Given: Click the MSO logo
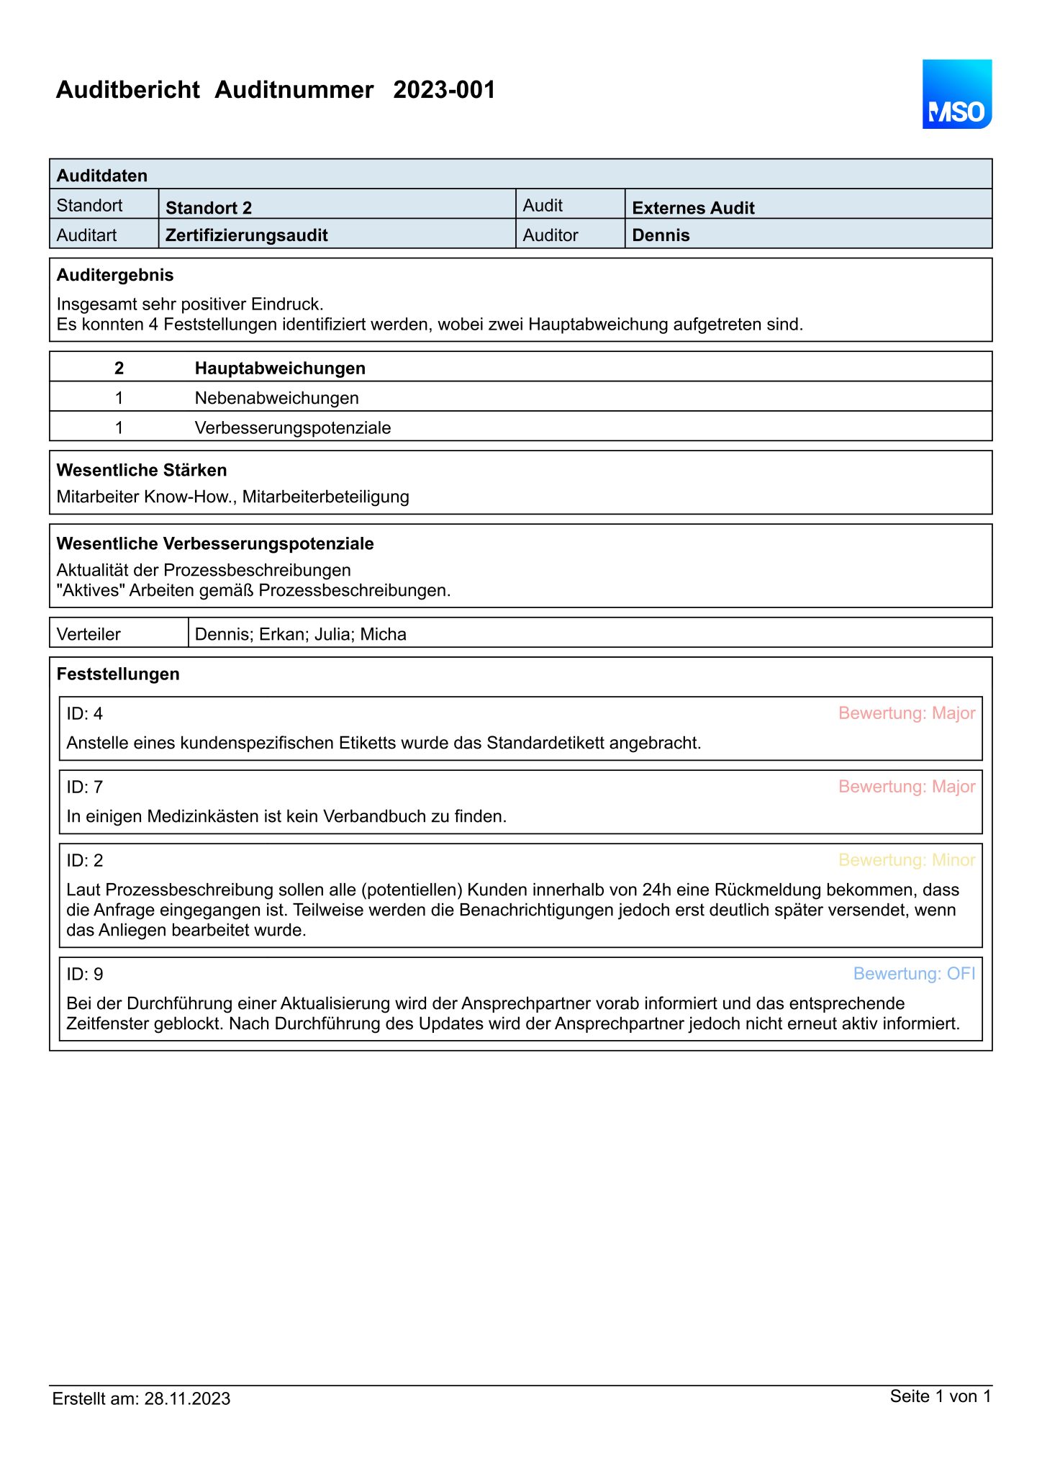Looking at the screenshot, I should click(x=956, y=94).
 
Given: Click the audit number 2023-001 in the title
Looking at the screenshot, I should click(x=444, y=90).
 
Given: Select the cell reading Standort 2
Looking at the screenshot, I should click(x=209, y=208).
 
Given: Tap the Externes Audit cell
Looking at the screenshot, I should click(x=693, y=208).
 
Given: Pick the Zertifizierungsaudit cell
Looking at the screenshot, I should click(x=246, y=235).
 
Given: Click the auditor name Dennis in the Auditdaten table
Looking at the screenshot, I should click(x=661, y=235).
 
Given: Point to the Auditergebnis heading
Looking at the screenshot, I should click(x=115, y=275).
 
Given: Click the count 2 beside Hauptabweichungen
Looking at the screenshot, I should click(x=119, y=368).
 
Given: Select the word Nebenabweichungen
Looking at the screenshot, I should click(x=276, y=398).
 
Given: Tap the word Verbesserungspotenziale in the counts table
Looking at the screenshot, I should click(x=293, y=428).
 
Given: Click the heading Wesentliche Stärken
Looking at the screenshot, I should click(x=142, y=470).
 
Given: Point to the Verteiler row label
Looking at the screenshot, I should click(x=89, y=634).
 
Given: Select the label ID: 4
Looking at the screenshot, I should click(x=85, y=713).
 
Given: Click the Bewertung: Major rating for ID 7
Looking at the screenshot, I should click(x=907, y=787).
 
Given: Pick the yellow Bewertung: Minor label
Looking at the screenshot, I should click(x=907, y=860).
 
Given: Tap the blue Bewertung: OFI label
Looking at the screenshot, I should click(x=914, y=974).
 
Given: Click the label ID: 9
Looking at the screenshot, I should click(x=85, y=974).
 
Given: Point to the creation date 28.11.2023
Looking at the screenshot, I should click(x=187, y=1398).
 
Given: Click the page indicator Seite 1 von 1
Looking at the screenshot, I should click(x=940, y=1396).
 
